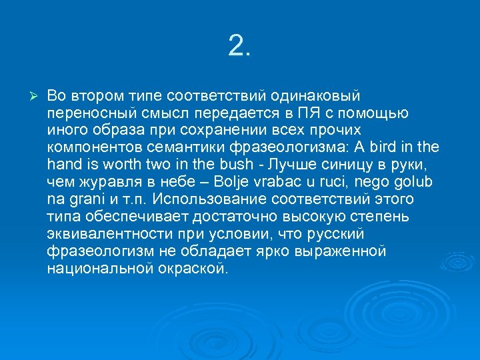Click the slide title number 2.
239,46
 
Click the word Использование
211,199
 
